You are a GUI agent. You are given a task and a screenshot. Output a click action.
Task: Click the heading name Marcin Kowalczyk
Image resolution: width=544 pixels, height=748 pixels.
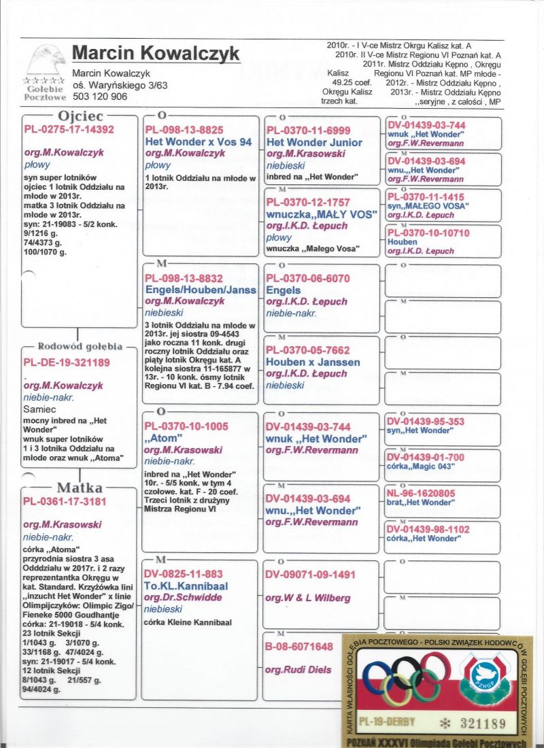(156, 53)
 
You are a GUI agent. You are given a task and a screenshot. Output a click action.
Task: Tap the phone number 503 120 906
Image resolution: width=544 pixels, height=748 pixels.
(100, 97)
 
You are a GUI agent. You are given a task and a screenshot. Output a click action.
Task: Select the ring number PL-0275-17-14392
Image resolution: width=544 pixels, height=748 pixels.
(69, 129)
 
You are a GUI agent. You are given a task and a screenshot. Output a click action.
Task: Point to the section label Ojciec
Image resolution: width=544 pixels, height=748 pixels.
(80, 116)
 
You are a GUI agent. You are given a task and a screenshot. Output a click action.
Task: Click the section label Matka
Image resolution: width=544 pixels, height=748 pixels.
(80, 488)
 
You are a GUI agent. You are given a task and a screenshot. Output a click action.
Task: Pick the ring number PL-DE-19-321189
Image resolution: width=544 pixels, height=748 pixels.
(67, 362)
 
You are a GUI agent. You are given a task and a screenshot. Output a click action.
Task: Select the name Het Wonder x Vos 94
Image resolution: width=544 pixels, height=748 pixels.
(199, 141)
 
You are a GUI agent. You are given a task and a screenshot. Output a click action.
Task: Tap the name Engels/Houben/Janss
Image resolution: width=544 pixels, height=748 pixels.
(201, 290)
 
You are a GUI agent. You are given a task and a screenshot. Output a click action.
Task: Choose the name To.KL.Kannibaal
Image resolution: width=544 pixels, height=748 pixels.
(186, 585)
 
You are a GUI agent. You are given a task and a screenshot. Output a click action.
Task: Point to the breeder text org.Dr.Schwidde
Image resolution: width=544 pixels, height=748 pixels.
(183, 597)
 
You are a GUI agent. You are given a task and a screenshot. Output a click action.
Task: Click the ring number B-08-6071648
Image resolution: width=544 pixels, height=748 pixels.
(299, 646)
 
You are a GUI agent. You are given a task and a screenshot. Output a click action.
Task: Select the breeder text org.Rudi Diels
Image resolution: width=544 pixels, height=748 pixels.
(298, 670)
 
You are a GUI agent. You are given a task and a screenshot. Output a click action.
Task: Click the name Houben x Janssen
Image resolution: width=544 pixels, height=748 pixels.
(313, 362)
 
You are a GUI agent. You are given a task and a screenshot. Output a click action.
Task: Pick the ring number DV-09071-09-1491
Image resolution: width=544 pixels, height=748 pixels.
(310, 575)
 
